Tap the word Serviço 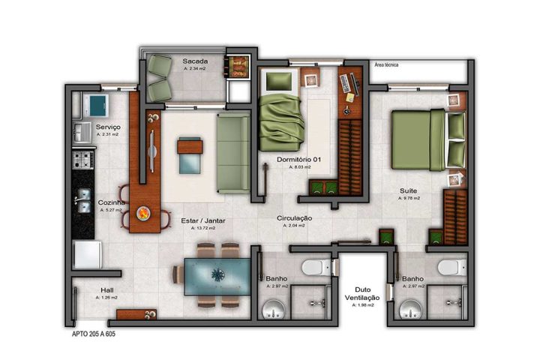click(108, 127)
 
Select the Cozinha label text click(112, 203)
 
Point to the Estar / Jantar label click(203, 220)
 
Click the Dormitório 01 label click(299, 160)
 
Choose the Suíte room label click(409, 192)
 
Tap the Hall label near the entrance click(106, 290)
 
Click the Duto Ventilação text click(362, 293)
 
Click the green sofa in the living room click(233, 153)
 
